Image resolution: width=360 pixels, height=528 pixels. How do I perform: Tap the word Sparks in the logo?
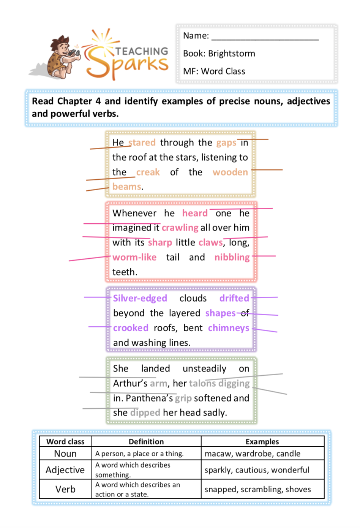(127, 62)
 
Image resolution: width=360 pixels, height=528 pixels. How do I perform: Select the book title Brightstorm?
(232, 54)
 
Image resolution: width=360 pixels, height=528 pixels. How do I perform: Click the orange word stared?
(142, 142)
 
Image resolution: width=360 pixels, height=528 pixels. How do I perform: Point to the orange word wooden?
(230, 172)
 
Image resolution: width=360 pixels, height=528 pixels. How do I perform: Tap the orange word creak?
(148, 172)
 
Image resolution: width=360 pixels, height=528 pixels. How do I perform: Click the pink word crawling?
(180, 228)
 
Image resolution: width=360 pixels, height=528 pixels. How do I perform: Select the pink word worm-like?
(134, 257)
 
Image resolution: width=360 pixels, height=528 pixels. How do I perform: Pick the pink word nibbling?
(232, 258)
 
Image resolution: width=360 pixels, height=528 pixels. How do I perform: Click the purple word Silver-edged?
(140, 298)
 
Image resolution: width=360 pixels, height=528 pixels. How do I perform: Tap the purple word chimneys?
(229, 328)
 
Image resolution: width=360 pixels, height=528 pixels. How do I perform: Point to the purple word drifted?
(234, 298)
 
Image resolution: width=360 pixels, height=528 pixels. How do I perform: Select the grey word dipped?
(145, 413)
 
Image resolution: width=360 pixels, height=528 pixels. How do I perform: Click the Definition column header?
(146, 441)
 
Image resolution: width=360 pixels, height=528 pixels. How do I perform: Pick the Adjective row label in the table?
(65, 470)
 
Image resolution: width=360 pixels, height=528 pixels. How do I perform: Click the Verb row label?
(65, 489)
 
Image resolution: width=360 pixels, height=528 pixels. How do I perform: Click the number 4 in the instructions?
(98, 101)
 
